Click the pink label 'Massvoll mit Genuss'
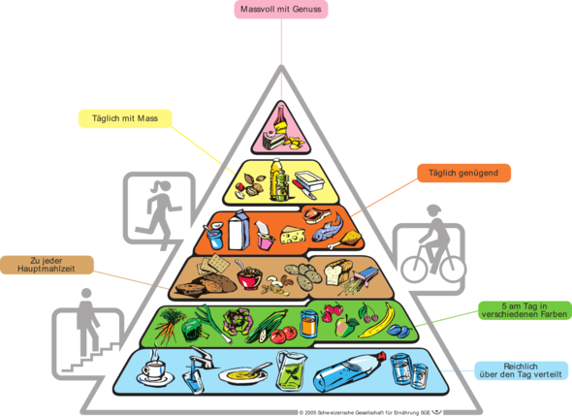click(281, 10)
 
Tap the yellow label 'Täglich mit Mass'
click(125, 118)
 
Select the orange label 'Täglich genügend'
click(463, 173)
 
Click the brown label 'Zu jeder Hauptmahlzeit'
click(47, 265)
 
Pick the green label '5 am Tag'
click(524, 310)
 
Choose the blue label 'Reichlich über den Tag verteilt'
click(521, 370)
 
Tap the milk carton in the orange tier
click(238, 230)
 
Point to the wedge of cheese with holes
click(293, 235)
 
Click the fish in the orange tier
click(328, 229)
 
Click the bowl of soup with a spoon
click(243, 374)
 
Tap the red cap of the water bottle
click(382, 356)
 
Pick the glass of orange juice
click(308, 323)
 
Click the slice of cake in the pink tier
click(274, 140)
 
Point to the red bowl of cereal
click(249, 277)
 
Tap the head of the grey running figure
click(165, 185)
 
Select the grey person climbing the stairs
click(87, 321)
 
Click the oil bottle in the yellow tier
click(280, 180)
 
